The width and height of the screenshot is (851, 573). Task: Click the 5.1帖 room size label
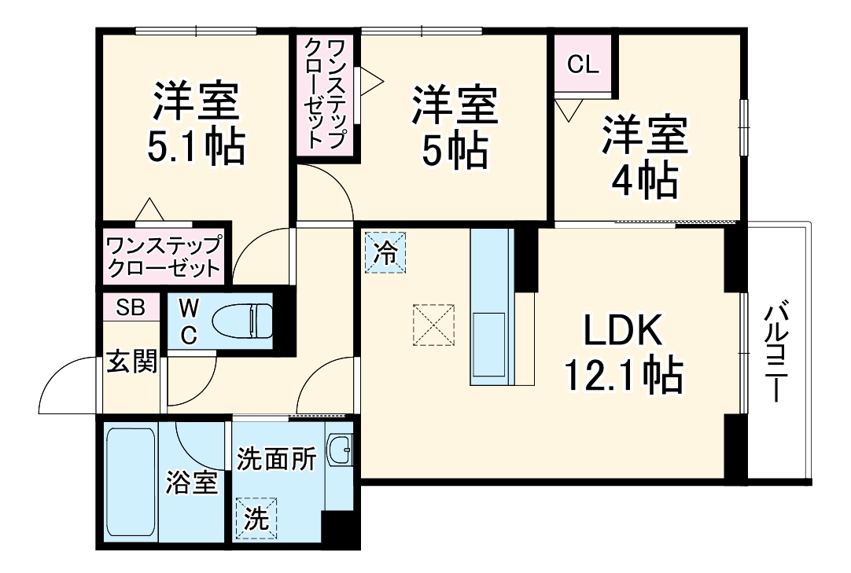(197, 145)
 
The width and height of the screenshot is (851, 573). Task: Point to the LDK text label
(622, 333)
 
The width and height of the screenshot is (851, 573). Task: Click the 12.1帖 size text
(622, 375)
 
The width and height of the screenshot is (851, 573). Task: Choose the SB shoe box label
(131, 307)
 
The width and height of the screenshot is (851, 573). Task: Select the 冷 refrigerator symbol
(385, 252)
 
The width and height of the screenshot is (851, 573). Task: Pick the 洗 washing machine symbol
(256, 519)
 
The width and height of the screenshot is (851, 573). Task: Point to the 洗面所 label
(276, 459)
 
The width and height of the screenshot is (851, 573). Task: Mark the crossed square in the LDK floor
(434, 323)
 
